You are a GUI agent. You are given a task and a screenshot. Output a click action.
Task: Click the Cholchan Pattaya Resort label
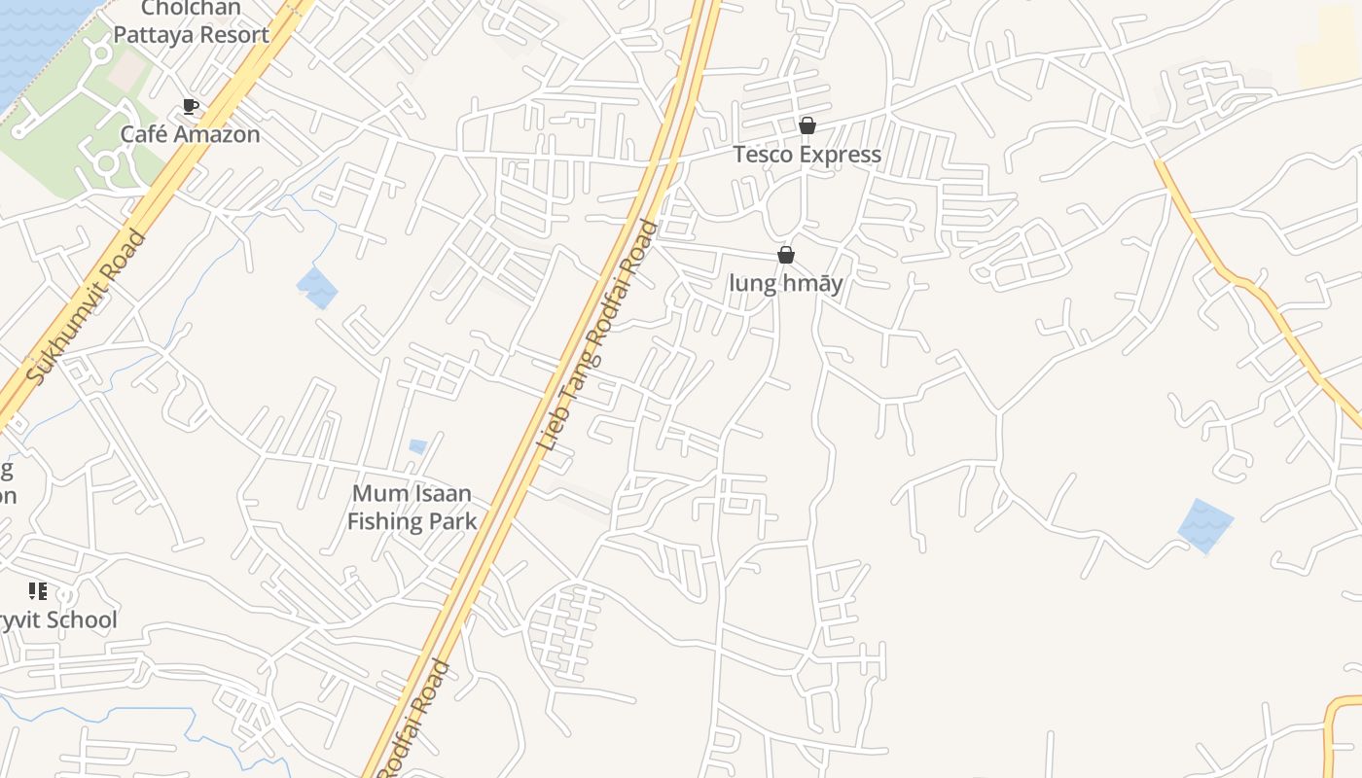pos(191,22)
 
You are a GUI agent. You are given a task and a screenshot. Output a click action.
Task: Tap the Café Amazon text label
pos(190,134)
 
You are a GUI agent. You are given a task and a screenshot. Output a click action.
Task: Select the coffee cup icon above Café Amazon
pos(191,107)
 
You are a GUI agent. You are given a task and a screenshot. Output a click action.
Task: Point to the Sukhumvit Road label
pos(86,306)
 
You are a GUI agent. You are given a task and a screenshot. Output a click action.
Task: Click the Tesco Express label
pos(806,155)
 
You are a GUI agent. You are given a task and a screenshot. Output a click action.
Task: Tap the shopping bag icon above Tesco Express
pos(806,125)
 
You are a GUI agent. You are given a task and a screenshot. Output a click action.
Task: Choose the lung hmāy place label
pos(785,284)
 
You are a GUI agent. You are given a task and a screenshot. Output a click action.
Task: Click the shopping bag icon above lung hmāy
pos(785,255)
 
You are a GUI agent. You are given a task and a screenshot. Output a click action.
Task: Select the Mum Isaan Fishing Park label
pos(412,507)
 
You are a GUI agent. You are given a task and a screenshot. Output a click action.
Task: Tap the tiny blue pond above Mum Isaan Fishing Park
pos(417,446)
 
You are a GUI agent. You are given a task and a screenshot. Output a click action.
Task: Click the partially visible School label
pos(57,620)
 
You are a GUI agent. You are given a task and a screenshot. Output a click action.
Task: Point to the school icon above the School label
pos(38,590)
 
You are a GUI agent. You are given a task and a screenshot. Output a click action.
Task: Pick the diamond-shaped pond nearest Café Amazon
pos(317,288)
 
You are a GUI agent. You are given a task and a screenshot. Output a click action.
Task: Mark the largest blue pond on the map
pos(1205,525)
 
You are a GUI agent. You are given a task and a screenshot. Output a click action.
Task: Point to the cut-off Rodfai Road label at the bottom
pos(414,720)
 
